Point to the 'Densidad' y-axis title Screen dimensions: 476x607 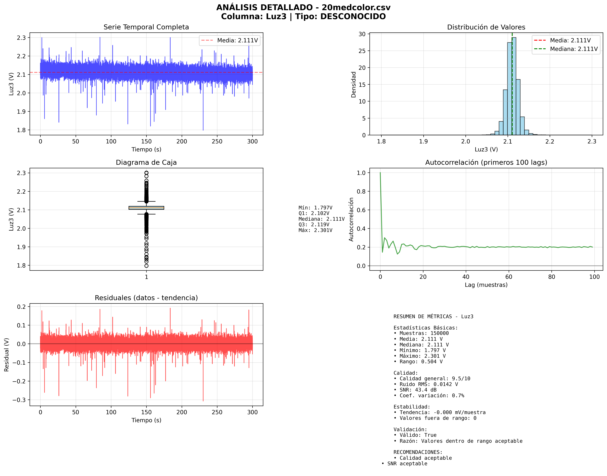point(353,84)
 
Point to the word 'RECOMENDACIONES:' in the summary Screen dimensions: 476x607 point(418,452)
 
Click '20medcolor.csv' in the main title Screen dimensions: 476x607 point(356,7)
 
